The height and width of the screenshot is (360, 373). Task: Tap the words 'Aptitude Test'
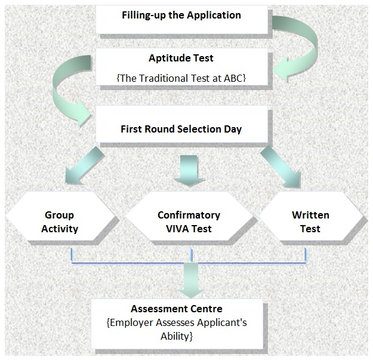click(x=181, y=59)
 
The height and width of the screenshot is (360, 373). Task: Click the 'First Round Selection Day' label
click(x=181, y=129)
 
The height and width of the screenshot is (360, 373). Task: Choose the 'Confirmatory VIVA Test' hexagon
click(x=189, y=221)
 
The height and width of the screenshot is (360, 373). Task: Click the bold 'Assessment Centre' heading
click(x=177, y=309)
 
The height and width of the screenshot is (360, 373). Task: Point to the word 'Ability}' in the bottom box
click(x=177, y=337)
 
